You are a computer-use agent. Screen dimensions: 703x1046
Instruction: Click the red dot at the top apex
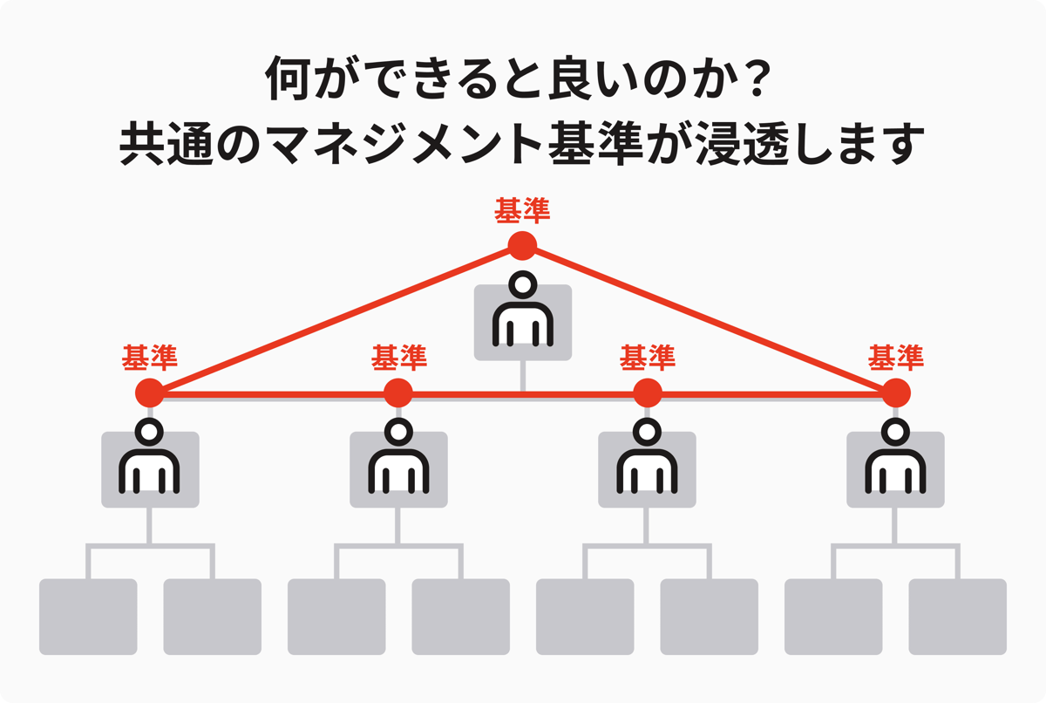point(522,245)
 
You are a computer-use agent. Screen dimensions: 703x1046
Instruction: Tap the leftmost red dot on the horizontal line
point(150,393)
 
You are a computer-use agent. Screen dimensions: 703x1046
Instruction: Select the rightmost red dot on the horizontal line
point(896,393)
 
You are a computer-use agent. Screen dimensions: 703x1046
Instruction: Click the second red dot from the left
point(398,393)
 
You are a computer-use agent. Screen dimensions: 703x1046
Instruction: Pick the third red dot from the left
point(648,393)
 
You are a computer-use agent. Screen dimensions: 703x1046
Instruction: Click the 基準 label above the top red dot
point(522,211)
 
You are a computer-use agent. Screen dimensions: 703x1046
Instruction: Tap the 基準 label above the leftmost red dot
point(150,357)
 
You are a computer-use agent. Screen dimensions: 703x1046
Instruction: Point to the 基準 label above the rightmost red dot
point(896,357)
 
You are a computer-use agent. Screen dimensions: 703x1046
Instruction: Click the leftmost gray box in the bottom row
point(88,617)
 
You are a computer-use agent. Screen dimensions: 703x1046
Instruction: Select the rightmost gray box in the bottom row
point(957,617)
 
